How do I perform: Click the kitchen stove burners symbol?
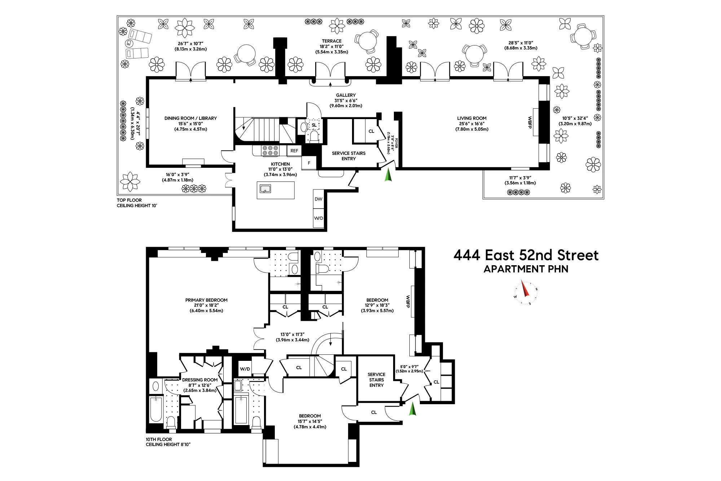(270, 150)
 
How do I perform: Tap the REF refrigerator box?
(294, 151)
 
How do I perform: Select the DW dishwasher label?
(318, 199)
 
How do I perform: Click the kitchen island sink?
(265, 189)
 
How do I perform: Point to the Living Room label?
(471, 118)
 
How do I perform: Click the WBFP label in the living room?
(530, 122)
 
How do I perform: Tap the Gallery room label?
(346, 95)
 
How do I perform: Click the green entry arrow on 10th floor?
(413, 409)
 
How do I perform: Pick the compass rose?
(526, 292)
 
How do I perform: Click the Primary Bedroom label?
(206, 300)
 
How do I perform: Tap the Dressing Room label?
(200, 380)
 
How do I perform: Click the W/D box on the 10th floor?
(245, 369)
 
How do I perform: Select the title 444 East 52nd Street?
(526, 255)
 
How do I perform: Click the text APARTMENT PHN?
(526, 269)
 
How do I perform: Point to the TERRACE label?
(331, 41)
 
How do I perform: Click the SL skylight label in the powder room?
(314, 125)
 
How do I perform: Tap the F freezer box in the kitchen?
(309, 163)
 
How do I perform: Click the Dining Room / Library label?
(190, 118)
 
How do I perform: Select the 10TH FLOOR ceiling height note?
(168, 442)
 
